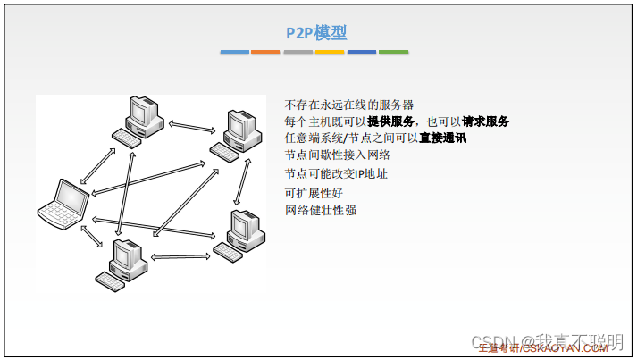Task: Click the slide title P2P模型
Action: coord(316,33)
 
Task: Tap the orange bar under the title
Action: coord(265,52)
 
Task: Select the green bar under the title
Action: coord(393,52)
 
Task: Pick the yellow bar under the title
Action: coord(329,52)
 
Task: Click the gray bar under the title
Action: coord(298,52)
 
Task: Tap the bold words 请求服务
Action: coord(486,121)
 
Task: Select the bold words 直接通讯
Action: coord(443,138)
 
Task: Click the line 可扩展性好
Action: coord(314,192)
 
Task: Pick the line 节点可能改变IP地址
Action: coord(335,173)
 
